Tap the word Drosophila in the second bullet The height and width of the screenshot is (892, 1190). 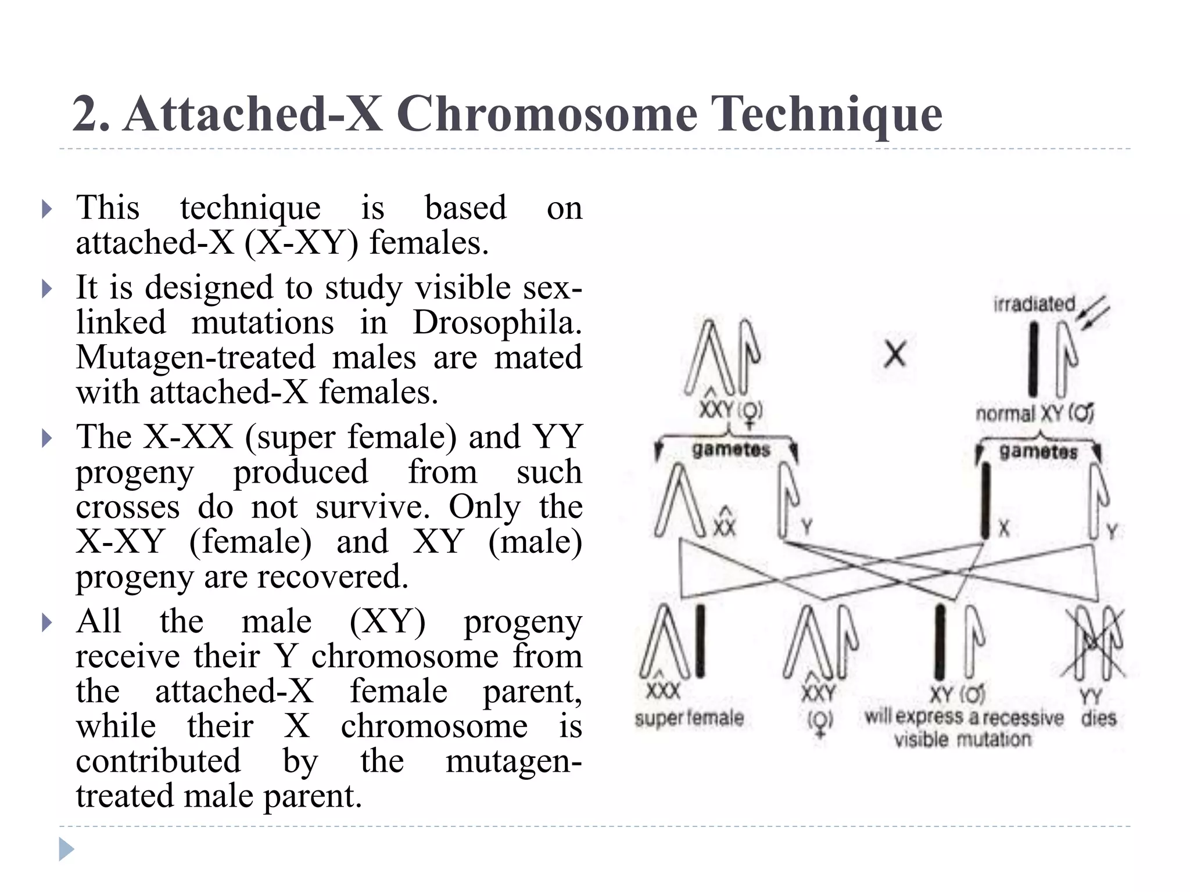(x=497, y=322)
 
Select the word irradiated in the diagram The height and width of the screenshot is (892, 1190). (x=1034, y=304)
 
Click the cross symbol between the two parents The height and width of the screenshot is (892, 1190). (x=895, y=354)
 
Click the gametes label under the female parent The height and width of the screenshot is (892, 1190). (x=731, y=449)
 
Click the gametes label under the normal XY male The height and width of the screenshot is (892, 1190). (x=1038, y=451)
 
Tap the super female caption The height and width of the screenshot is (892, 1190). (x=689, y=718)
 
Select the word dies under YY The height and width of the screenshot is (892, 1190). (x=1099, y=718)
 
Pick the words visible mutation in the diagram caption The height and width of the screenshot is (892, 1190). (x=963, y=740)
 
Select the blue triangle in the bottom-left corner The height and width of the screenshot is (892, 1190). (x=66, y=850)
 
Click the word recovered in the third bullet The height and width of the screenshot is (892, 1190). (x=333, y=577)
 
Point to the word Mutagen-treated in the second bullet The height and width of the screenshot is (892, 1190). (x=196, y=357)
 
